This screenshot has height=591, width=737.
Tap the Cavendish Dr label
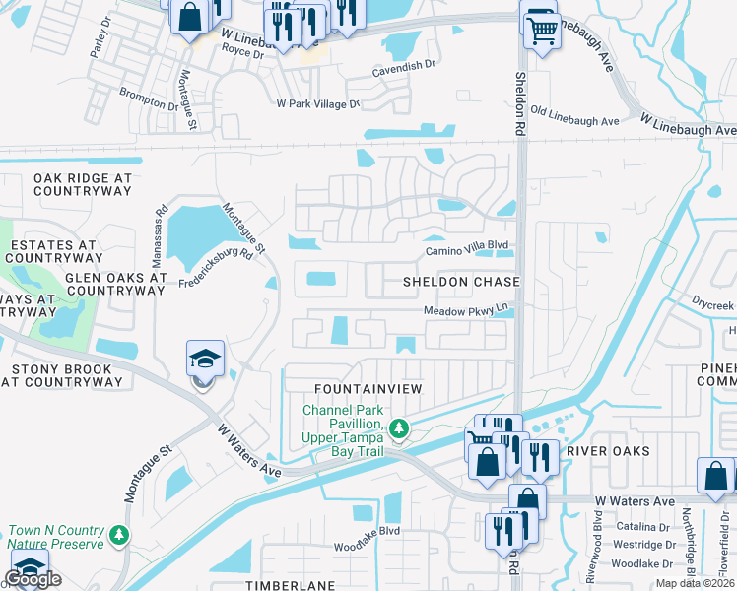[403, 66]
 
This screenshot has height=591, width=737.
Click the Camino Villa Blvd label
[465, 250]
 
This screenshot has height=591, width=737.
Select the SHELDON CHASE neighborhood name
[460, 282]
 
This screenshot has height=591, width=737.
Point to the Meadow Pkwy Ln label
[465, 309]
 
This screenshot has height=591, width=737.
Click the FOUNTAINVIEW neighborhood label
[368, 389]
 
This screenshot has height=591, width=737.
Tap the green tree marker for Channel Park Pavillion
[399, 428]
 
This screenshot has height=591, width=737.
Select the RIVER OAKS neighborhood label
[609, 451]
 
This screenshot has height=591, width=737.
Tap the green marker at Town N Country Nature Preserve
[119, 534]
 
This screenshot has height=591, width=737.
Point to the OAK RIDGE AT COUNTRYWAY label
[82, 184]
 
